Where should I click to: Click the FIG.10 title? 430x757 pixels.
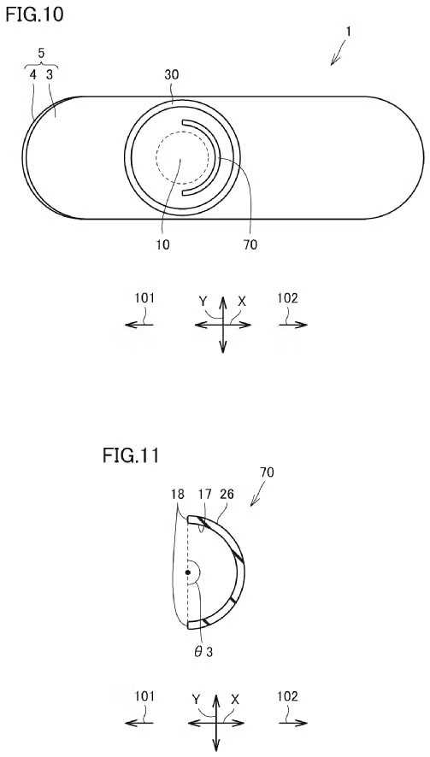[x=34, y=15]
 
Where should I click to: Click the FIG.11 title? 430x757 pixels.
[x=131, y=455]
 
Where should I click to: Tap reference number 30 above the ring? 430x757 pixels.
[x=173, y=75]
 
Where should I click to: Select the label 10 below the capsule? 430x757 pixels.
[x=162, y=244]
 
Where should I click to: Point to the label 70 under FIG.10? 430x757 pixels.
[x=250, y=244]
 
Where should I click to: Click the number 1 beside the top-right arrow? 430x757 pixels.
[x=348, y=32]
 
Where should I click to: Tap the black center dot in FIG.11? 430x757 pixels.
[x=188, y=572]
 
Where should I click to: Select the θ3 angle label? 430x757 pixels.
[x=202, y=651]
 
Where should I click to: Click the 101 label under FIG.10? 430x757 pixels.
[x=144, y=298]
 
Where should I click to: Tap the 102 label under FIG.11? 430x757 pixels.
[x=287, y=696]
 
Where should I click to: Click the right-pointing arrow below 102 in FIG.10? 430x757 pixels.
[x=292, y=325]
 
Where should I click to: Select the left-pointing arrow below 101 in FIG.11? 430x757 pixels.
[x=139, y=723]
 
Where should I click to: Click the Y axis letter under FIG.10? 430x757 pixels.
[x=203, y=302]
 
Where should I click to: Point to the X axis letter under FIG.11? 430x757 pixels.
[x=235, y=699]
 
